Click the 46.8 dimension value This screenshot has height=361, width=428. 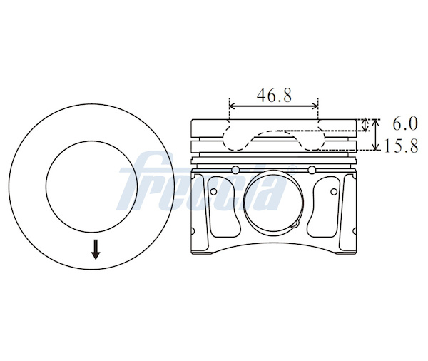click(x=274, y=96)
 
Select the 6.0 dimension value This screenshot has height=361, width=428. click(x=405, y=123)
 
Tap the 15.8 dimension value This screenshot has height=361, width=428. click(x=401, y=146)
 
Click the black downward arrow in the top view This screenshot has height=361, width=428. click(x=96, y=250)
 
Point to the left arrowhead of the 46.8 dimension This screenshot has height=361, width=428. click(x=232, y=106)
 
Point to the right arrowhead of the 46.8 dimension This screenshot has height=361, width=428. click(x=315, y=106)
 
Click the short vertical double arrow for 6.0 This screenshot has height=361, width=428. click(x=365, y=125)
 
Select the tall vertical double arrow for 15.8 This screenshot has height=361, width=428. click(x=376, y=135)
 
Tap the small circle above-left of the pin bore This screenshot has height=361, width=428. click(x=235, y=170)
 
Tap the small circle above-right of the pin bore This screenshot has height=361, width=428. click(x=312, y=170)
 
